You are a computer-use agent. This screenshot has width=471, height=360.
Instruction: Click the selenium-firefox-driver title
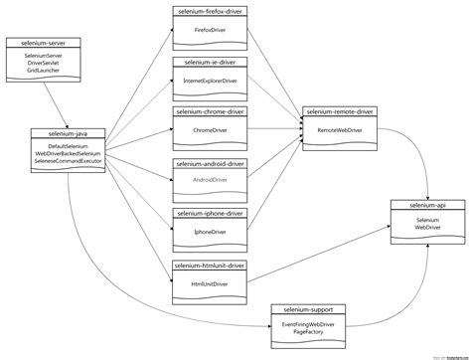pyautogui.click(x=209, y=10)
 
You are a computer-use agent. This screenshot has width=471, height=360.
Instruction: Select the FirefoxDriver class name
pyautogui.click(x=209, y=31)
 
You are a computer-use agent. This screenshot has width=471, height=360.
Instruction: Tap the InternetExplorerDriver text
pyautogui.click(x=209, y=81)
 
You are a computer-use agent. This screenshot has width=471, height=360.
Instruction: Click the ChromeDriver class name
pyautogui.click(x=209, y=130)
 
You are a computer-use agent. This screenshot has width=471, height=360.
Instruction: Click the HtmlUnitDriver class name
pyautogui.click(x=209, y=282)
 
